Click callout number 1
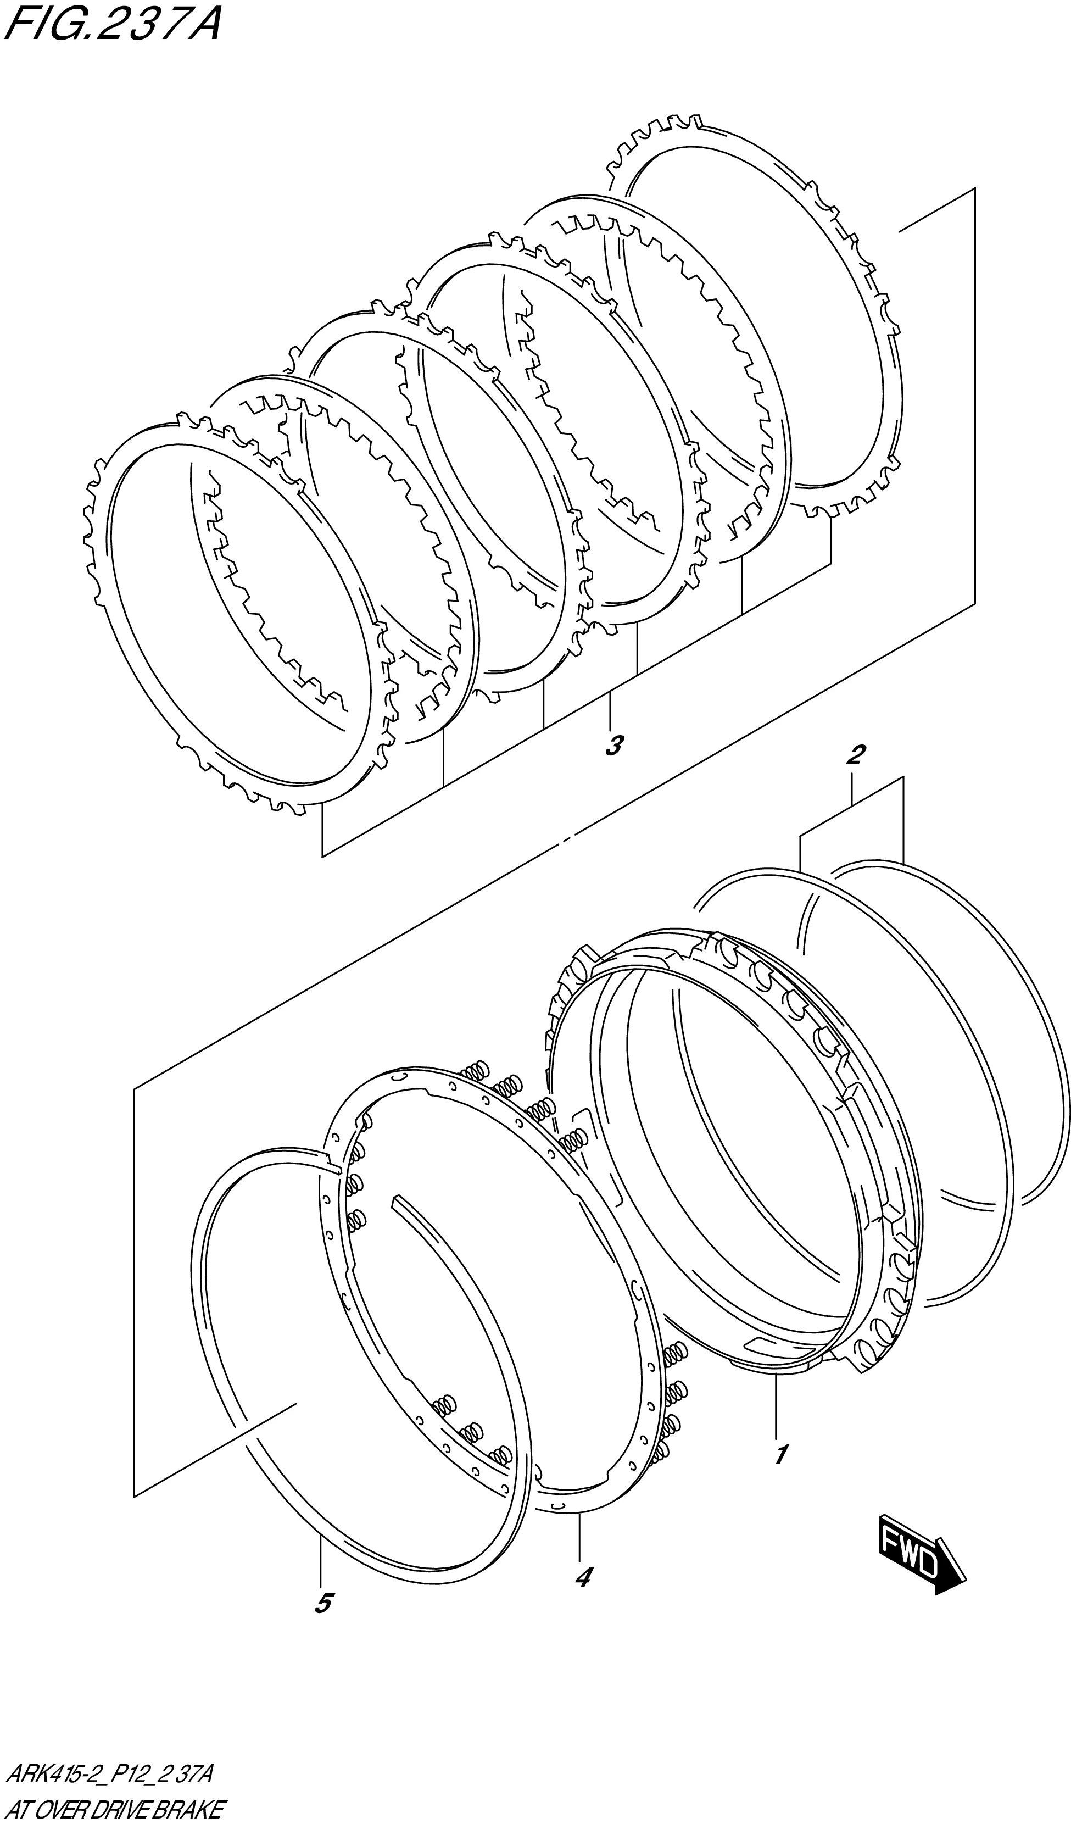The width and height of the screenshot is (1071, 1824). [780, 1453]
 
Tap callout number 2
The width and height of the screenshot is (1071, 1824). [855, 755]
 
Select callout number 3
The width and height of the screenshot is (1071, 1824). [613, 745]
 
